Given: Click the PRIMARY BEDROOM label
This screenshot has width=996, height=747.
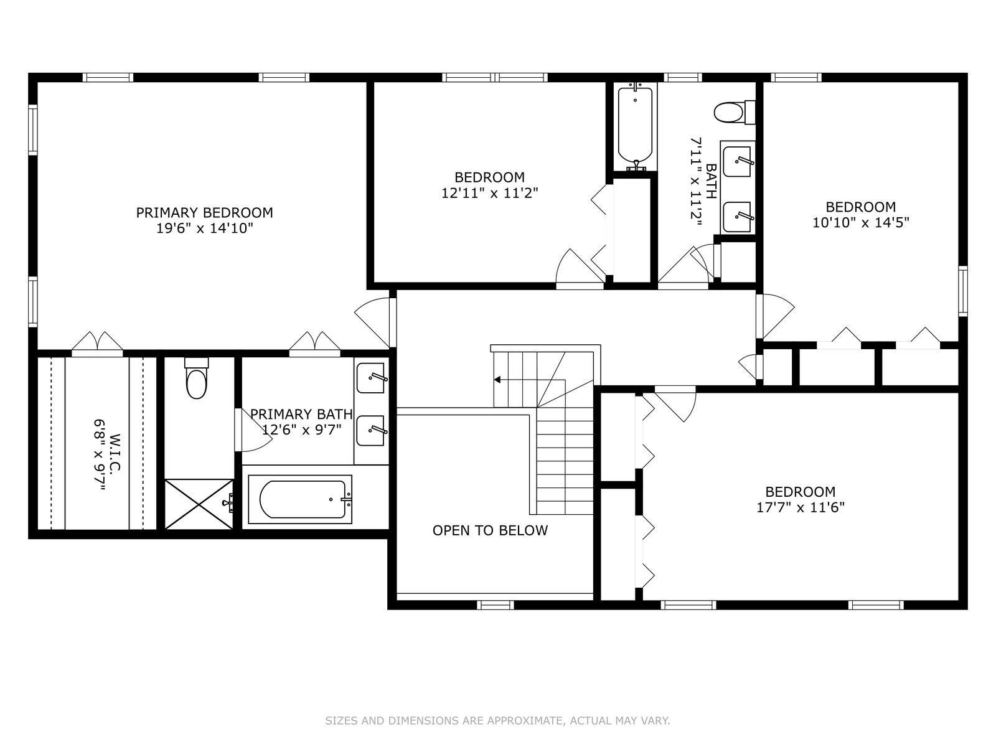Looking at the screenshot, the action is click(204, 212).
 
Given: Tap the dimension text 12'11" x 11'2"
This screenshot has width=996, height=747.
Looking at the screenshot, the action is click(490, 193).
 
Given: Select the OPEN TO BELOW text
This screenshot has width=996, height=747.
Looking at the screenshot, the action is click(490, 530).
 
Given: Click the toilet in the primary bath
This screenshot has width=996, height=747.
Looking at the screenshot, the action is click(197, 378).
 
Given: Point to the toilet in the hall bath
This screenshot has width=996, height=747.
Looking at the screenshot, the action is click(734, 112).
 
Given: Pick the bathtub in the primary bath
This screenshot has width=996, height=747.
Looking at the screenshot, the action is click(300, 499).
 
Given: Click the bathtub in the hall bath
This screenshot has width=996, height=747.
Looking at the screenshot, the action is click(636, 126).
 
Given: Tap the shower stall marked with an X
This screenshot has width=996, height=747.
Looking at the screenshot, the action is click(199, 504).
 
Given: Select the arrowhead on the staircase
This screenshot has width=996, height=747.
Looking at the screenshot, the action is click(497, 379).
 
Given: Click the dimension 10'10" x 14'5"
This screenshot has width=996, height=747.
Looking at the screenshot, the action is click(861, 223).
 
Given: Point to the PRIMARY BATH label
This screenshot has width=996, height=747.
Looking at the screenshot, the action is click(301, 414).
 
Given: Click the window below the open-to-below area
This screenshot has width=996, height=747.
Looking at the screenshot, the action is click(496, 604).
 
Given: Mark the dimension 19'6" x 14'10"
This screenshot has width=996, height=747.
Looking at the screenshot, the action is click(204, 228).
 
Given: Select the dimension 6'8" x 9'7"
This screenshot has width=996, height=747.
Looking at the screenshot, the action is click(100, 454).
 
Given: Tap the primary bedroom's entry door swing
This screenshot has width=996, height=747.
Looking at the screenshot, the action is click(372, 320).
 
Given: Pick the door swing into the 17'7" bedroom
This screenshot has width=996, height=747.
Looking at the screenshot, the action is click(675, 403).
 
